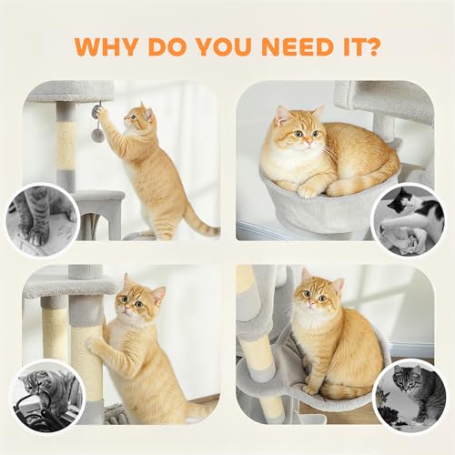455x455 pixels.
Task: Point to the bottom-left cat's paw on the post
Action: click(95, 343)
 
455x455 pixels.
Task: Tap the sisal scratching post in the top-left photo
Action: click(66, 146)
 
